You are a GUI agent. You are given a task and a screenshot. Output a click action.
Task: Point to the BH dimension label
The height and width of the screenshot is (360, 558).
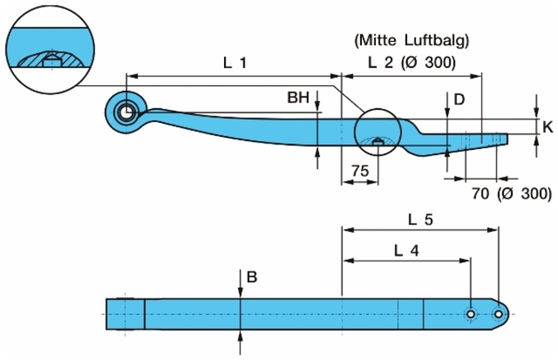click(298, 98)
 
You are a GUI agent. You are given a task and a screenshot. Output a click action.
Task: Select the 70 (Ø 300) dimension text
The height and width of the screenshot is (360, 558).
click(510, 194)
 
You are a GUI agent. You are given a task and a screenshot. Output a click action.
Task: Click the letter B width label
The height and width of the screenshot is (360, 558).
click(251, 277)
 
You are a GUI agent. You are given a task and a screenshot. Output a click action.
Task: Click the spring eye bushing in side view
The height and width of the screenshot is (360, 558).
click(126, 112)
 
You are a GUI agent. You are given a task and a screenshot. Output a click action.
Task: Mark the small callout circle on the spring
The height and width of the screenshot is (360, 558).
click(377, 132)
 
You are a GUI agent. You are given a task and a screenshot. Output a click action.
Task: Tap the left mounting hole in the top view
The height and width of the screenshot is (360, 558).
click(470, 314)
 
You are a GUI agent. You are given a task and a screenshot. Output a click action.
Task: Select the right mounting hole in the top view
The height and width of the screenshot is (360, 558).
click(498, 314)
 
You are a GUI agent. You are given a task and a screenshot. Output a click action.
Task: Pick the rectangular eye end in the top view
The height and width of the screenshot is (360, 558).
click(126, 315)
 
